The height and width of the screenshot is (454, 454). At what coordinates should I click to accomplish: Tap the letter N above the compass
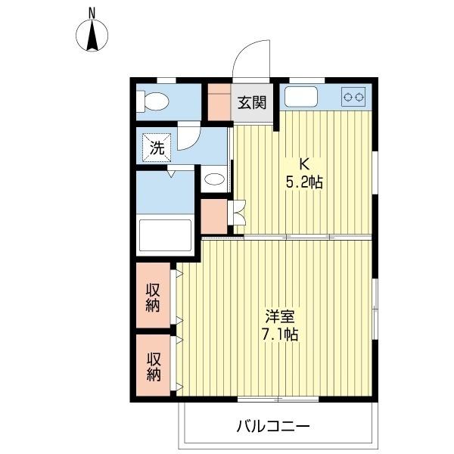(92, 12)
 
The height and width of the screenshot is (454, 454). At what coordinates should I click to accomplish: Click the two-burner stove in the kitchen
(354, 96)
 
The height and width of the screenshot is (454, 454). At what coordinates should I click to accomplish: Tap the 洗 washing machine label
(156, 148)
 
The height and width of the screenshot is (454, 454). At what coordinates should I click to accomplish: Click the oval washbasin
(215, 180)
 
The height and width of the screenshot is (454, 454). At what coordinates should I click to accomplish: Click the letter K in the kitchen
(306, 163)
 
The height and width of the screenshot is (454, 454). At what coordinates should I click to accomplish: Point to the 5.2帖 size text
(306, 182)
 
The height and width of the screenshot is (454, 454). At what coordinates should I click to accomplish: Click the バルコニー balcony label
(273, 426)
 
